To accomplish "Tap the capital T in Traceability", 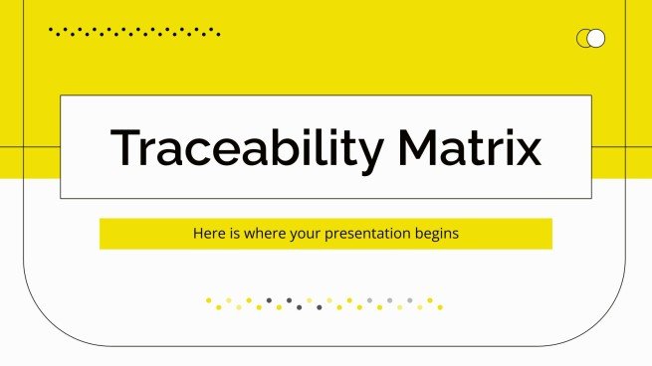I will [125, 147].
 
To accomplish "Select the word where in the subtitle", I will [261, 235].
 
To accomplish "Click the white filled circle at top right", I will [596, 39].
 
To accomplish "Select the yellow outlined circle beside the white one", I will [584, 39].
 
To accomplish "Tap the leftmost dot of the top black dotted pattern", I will [51, 30].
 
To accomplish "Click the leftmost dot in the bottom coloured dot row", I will [207, 299].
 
